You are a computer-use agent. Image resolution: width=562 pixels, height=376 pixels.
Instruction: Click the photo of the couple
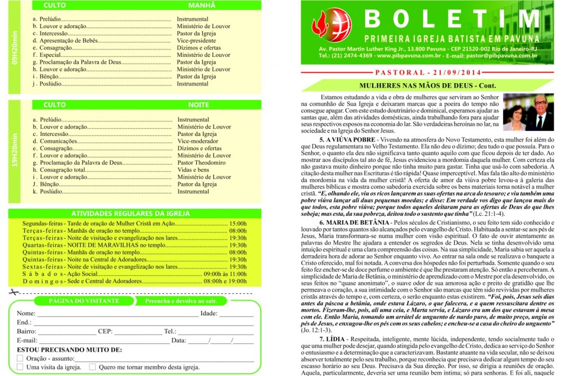point(528,112)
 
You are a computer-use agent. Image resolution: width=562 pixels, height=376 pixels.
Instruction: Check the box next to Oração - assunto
point(20,358)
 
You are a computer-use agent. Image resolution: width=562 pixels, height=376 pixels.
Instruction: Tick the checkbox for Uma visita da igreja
point(20,367)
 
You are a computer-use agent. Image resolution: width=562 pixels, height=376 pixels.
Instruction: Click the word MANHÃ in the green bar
point(198,5)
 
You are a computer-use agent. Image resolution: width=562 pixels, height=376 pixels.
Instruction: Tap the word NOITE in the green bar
point(198,105)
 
